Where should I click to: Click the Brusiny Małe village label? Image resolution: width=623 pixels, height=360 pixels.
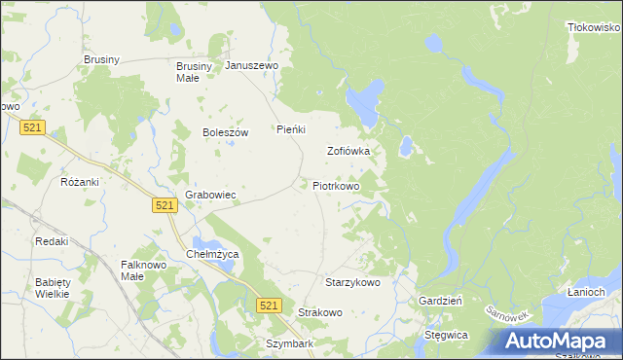pos(187,72)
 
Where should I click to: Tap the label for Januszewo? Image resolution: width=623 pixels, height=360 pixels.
pos(252,66)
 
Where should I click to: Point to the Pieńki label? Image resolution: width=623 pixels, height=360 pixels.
pos(291,129)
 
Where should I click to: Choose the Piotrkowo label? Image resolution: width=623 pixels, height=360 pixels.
pos(337,185)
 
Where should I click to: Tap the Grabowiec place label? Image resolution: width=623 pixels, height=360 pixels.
pos(211,195)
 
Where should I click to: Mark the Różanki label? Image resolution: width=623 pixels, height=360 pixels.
pos(80,182)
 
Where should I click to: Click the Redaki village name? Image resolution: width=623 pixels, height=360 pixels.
pos(51,241)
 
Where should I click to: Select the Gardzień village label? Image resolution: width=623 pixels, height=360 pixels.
pos(440,302)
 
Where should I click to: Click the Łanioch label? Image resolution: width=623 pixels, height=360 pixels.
pos(586,292)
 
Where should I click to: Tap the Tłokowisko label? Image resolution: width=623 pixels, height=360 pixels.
pos(594,28)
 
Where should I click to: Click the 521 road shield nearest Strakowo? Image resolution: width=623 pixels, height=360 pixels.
pos(271,306)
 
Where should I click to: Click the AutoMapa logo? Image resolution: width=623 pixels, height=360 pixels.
pos(559,341)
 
